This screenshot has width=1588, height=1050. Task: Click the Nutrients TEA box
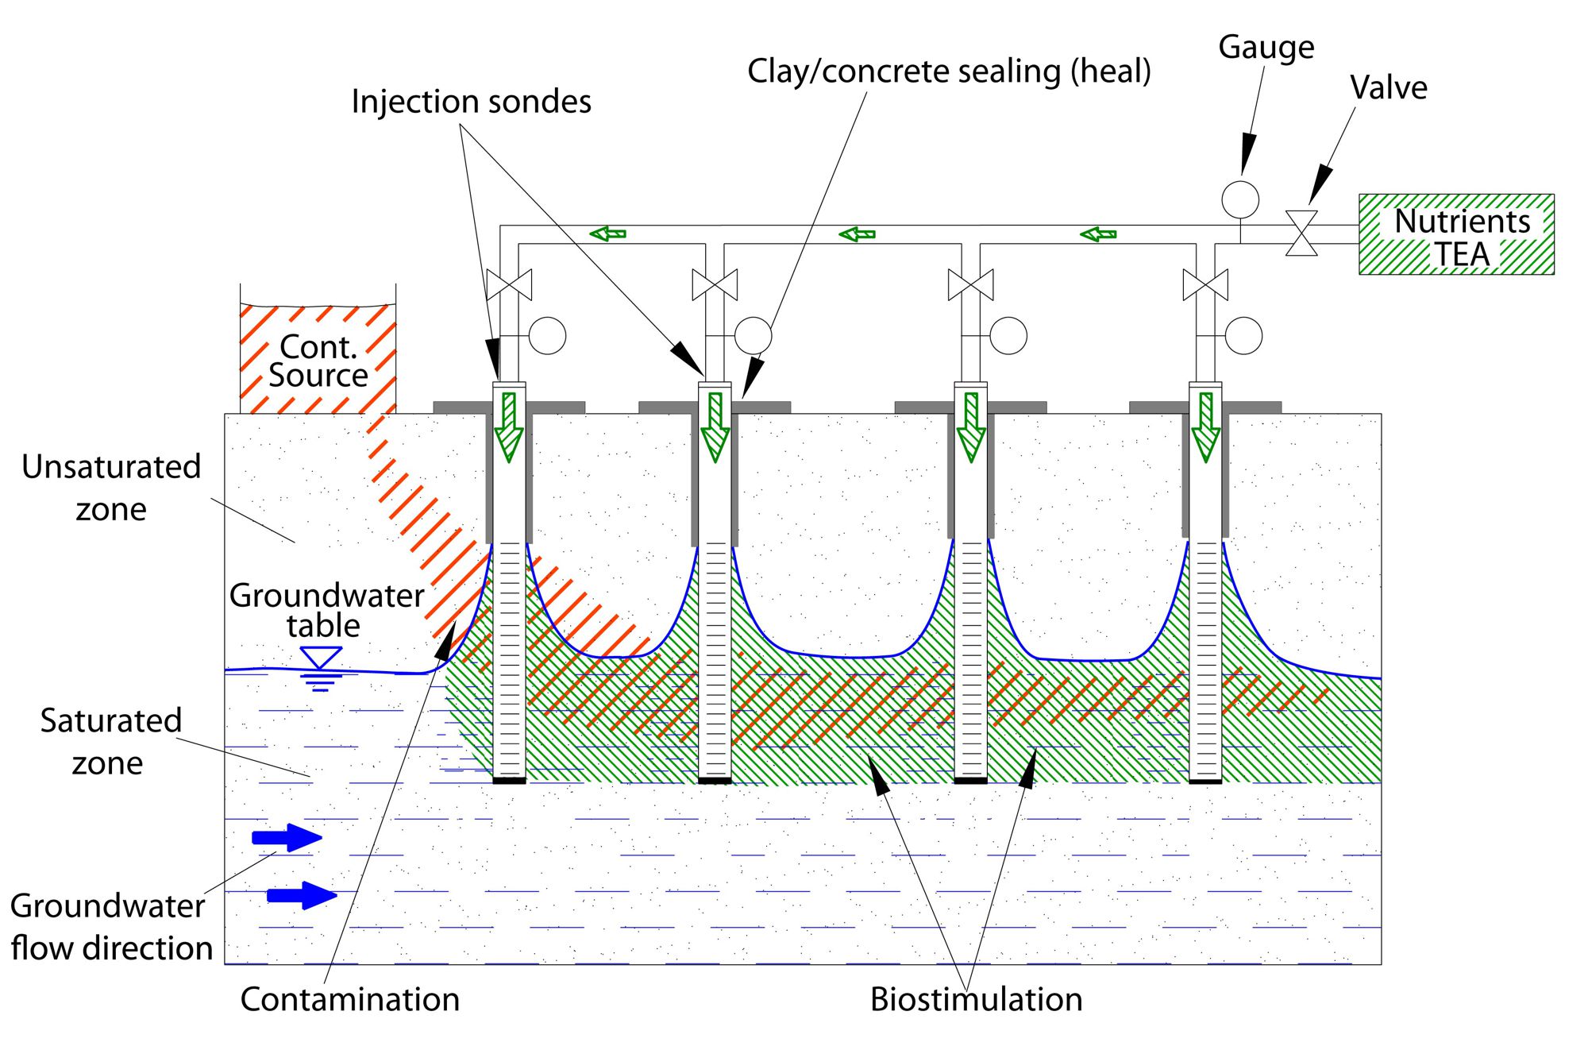tap(1456, 234)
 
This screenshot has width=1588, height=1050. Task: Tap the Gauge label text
tap(1266, 48)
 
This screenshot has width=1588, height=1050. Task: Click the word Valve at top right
tap(1388, 88)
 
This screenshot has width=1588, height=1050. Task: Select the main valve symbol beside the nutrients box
tap(1301, 234)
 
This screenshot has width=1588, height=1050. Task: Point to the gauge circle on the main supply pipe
tap(1239, 199)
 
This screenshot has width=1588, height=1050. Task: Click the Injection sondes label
tap(471, 102)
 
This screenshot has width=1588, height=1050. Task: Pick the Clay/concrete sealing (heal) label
tap(949, 71)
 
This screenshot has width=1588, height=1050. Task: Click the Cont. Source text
tap(318, 361)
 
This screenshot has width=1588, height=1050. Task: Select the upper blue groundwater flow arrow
tap(287, 837)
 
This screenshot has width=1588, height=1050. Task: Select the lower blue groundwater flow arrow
tap(302, 895)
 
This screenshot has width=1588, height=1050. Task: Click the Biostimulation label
tap(976, 999)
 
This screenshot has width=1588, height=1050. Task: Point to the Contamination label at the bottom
tap(349, 999)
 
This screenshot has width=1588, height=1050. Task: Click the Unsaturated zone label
tap(111, 488)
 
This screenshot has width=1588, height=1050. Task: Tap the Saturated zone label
tap(110, 741)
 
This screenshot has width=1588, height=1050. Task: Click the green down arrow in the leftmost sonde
tap(509, 427)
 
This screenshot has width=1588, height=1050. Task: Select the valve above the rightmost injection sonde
tap(1205, 285)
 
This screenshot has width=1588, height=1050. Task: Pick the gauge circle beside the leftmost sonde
tap(547, 336)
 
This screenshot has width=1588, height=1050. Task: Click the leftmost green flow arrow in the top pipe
tap(608, 234)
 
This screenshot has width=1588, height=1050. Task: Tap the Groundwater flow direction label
tap(111, 927)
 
